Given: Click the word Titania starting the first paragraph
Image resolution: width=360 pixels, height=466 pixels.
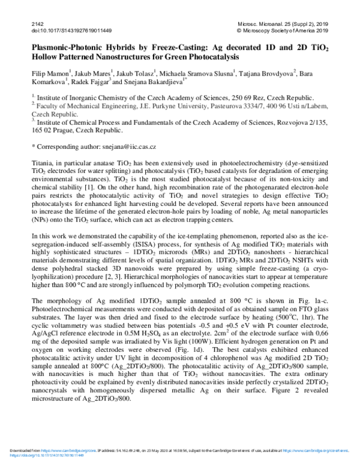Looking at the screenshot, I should pos(41,163).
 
